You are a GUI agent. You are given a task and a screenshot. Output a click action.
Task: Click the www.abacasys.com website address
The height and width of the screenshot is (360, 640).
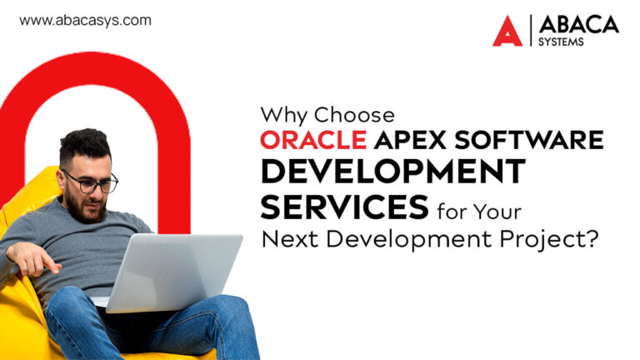click(x=85, y=21)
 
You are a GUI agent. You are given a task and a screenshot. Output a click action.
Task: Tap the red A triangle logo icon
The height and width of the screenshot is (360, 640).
click(x=507, y=32)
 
